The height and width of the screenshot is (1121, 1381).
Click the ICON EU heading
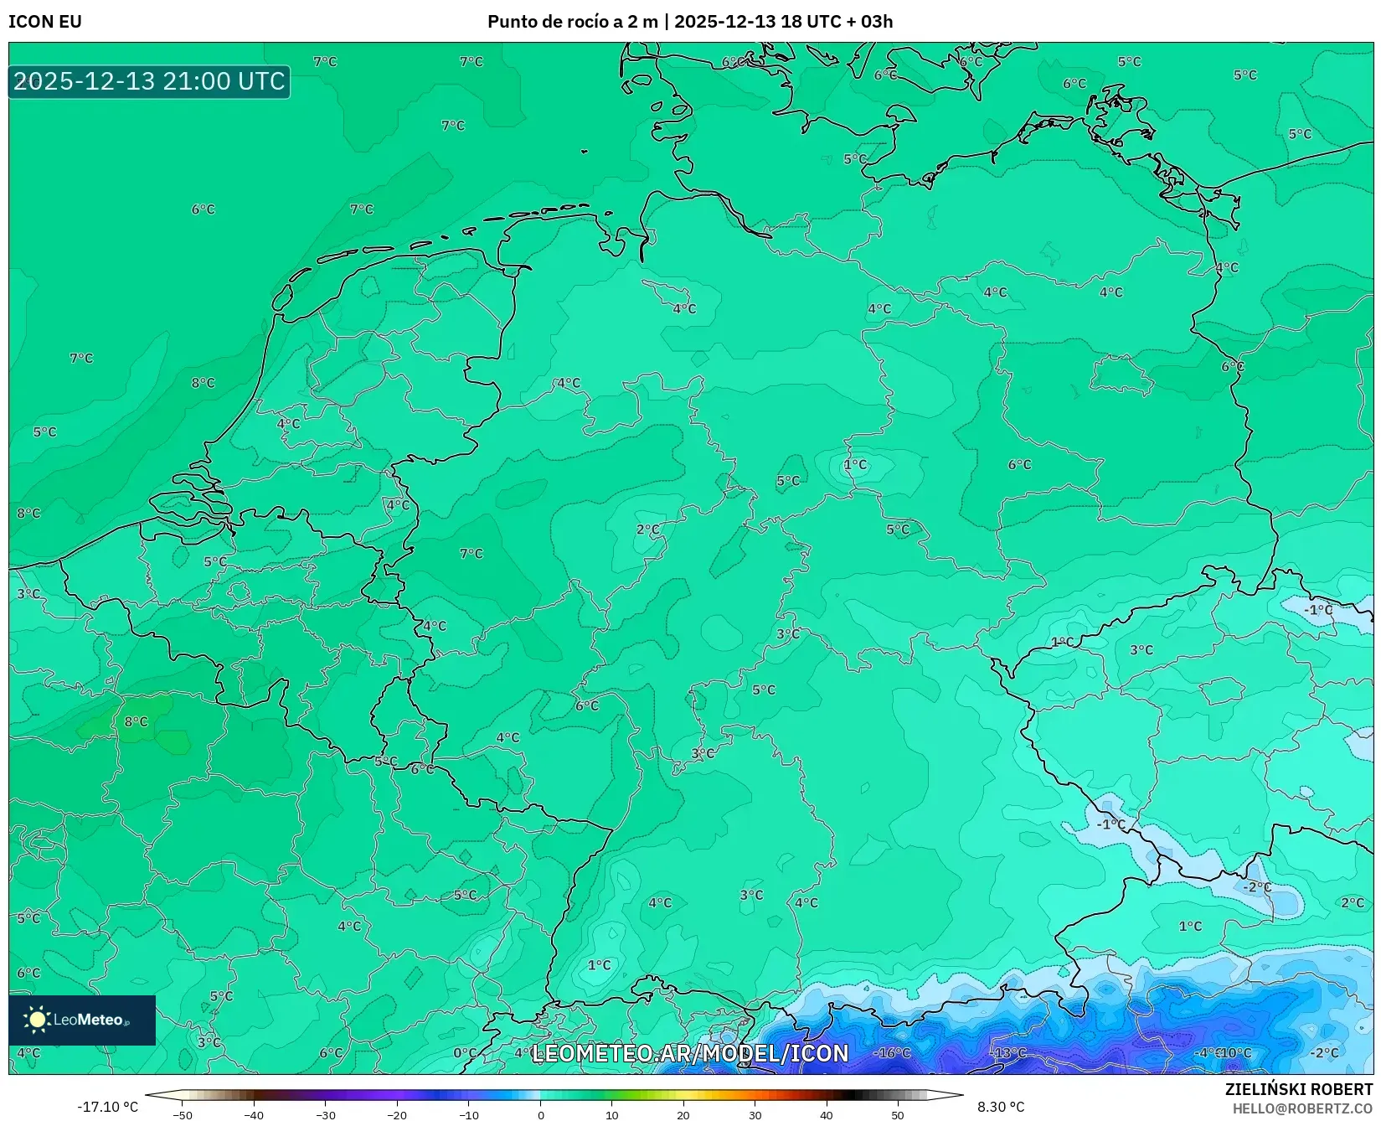pyautogui.click(x=45, y=22)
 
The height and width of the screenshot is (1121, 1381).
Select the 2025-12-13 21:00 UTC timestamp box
pyautogui.click(x=149, y=81)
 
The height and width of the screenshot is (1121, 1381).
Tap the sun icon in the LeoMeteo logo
pyautogui.click(x=37, y=1019)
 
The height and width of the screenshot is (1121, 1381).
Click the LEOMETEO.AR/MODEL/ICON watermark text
pyautogui.click(x=690, y=1053)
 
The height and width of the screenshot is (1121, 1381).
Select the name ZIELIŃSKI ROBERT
pyautogui.click(x=1299, y=1089)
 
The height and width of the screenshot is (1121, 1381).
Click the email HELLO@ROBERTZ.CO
pyautogui.click(x=1302, y=1108)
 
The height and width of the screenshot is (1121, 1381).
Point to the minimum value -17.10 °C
pyautogui.click(x=107, y=1107)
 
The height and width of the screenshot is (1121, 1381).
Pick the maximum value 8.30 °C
pyautogui.click(x=1001, y=1107)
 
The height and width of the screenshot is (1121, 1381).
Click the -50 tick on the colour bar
pyautogui.click(x=183, y=1115)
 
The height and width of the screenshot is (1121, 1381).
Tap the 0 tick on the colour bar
pyautogui.click(x=541, y=1115)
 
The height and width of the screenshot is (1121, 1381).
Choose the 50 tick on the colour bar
pyautogui.click(x=898, y=1115)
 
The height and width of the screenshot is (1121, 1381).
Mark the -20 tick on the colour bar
pyautogui.click(x=397, y=1115)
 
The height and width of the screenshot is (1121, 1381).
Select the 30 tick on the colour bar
pyautogui.click(x=755, y=1115)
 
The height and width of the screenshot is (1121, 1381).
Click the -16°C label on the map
pyautogui.click(x=893, y=1052)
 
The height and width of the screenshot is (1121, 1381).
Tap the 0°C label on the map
pyautogui.click(x=465, y=1052)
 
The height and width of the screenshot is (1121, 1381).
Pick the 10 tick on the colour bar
pyautogui.click(x=612, y=1115)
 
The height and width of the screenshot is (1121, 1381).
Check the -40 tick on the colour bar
pyautogui.click(x=254, y=1115)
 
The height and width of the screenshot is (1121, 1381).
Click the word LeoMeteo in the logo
pyautogui.click(x=88, y=1020)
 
